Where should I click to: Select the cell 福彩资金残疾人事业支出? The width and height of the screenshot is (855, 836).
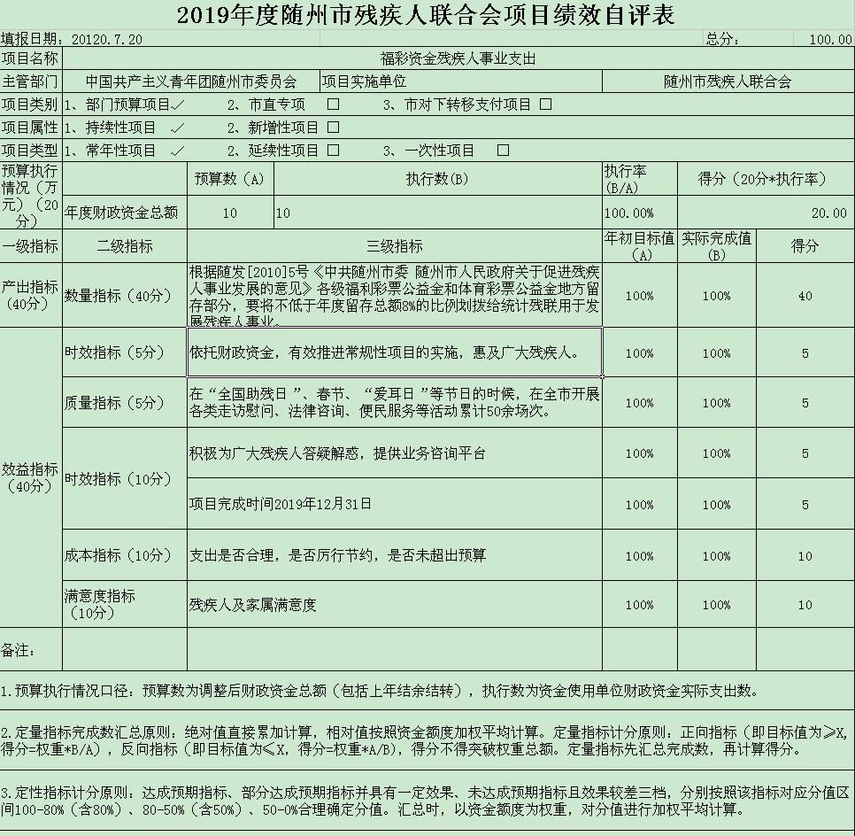[x=458, y=59]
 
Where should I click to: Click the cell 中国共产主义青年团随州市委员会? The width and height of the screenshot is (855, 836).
[x=190, y=81]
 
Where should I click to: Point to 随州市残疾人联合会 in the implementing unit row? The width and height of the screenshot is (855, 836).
[x=728, y=81]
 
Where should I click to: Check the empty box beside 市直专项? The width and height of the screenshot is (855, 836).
[x=334, y=104]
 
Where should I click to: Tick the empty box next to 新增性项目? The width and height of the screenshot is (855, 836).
[x=334, y=128]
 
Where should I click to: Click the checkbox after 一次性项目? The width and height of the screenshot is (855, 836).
[x=503, y=151]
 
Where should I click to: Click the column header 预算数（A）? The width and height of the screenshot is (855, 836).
[x=229, y=179]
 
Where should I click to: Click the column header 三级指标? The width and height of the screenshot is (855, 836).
[x=394, y=246]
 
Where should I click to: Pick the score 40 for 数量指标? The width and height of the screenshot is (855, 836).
[x=805, y=296]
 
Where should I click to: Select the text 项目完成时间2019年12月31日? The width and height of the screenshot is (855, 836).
[x=281, y=504]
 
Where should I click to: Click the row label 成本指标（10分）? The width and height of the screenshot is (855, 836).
[x=119, y=555]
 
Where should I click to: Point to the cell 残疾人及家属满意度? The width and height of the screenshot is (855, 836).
[x=252, y=606]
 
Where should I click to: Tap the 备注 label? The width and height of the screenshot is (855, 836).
[x=18, y=650]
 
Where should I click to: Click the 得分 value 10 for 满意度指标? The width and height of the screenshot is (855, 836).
[x=805, y=606]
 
